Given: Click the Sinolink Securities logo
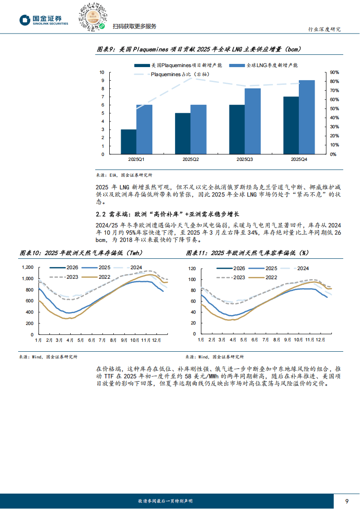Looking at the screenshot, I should click(x=44, y=20).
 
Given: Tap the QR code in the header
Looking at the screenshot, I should click(x=92, y=17).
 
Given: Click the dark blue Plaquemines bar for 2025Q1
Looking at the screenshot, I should click(x=128, y=141).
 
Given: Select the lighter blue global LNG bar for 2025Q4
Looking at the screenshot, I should click(x=307, y=117).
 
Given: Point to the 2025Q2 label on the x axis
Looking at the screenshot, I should click(x=190, y=160).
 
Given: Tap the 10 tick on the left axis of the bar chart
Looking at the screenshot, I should click(x=102, y=73).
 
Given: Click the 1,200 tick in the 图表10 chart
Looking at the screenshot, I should click(x=28, y=267).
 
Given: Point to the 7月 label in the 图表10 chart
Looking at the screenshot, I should click(x=102, y=339).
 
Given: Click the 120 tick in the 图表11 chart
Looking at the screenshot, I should click(x=191, y=268).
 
